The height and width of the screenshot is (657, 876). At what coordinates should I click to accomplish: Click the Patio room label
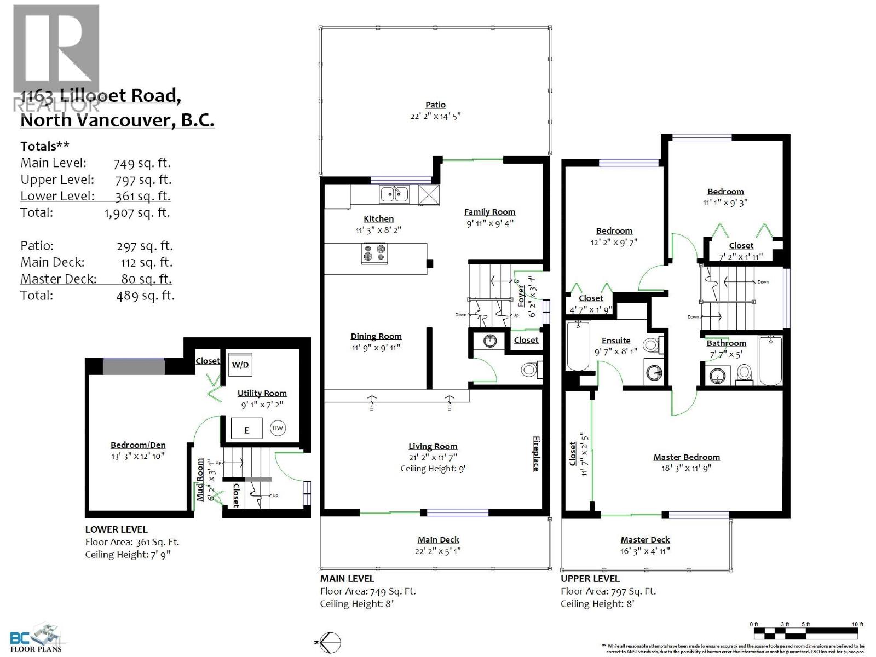tap(435, 105)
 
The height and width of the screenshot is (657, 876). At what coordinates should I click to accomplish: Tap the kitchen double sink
tap(394, 193)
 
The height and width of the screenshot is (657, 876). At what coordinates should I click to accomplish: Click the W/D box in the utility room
tap(240, 364)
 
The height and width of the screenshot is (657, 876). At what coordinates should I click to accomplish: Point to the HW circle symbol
tap(278, 428)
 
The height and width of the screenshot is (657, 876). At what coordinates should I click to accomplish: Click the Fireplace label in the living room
tap(536, 453)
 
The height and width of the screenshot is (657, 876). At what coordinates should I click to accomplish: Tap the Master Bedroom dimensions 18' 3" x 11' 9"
tap(687, 468)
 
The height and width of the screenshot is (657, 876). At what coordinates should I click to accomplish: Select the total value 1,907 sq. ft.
tap(137, 212)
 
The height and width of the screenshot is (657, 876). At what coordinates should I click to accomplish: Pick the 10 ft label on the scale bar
tap(857, 624)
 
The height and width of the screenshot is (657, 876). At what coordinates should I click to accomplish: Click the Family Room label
tap(489, 212)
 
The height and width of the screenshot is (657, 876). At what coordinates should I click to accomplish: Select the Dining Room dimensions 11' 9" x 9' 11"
tap(376, 348)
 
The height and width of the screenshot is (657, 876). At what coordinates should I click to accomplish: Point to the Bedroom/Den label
tap(138, 445)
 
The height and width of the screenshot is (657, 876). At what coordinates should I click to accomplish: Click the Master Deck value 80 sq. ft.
tap(146, 279)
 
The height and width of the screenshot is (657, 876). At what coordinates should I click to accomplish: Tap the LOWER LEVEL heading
tap(116, 529)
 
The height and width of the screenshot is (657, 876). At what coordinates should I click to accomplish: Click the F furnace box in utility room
tap(246, 429)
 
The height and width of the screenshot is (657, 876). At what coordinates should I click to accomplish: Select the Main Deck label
tap(438, 540)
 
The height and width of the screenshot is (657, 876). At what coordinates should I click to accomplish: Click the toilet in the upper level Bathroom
tap(744, 373)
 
